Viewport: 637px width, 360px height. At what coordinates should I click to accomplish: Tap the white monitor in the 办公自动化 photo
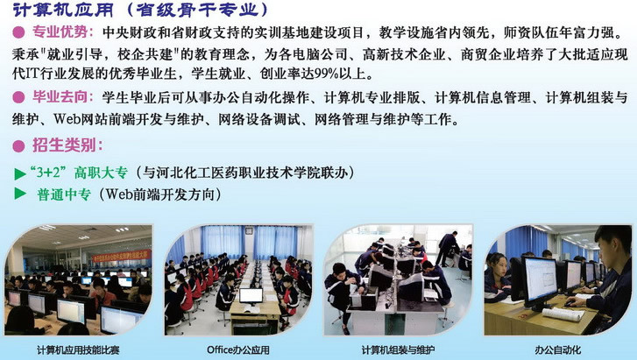pos(539,279)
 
